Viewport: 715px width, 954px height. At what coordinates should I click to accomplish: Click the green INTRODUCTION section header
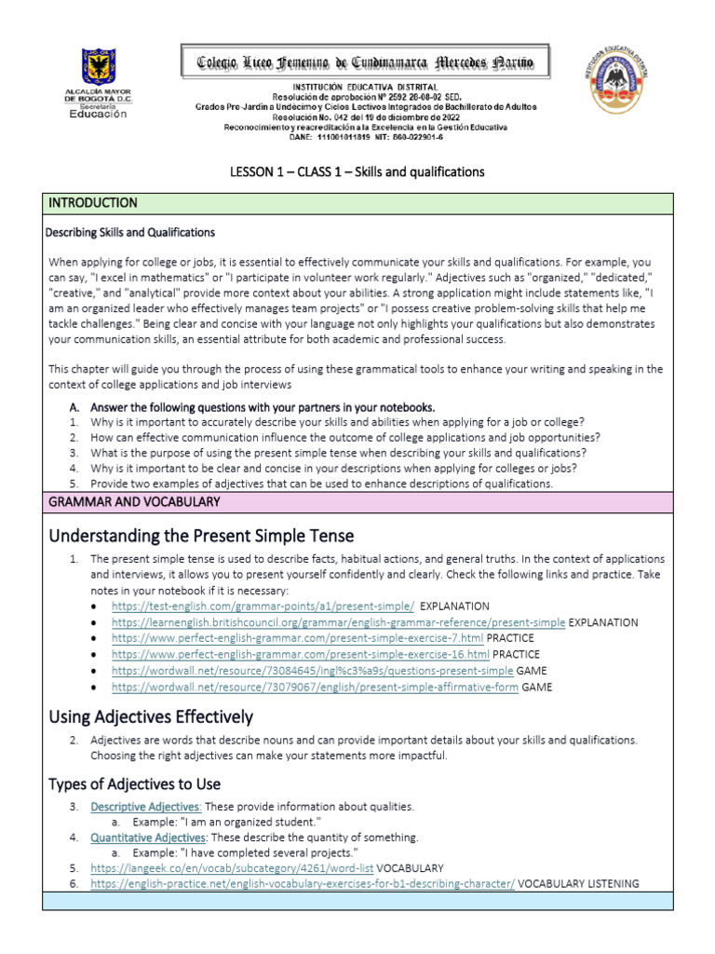click(x=93, y=202)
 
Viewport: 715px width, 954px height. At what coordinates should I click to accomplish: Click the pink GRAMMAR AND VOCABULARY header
click(x=134, y=502)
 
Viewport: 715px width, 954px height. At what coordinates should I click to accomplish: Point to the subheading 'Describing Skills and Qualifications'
click(x=130, y=232)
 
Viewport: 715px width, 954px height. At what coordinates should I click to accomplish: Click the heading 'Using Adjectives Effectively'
click(x=150, y=716)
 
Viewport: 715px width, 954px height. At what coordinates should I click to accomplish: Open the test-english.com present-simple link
click(x=263, y=606)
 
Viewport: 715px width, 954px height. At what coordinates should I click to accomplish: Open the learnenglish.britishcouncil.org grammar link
click(x=337, y=622)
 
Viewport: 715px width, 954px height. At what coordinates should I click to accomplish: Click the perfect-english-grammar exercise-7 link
click(x=297, y=638)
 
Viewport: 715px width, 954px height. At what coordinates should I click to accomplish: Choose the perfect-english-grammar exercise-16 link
click(x=300, y=655)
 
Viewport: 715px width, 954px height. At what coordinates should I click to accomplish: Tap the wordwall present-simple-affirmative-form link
click(x=314, y=687)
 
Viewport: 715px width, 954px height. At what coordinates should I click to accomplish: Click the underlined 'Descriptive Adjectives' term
click(x=145, y=806)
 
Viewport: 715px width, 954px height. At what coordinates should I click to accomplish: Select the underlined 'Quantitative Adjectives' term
click(x=147, y=838)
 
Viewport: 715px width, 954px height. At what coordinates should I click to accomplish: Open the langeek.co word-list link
click(x=232, y=867)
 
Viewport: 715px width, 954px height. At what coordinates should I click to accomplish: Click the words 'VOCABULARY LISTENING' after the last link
click(x=578, y=883)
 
